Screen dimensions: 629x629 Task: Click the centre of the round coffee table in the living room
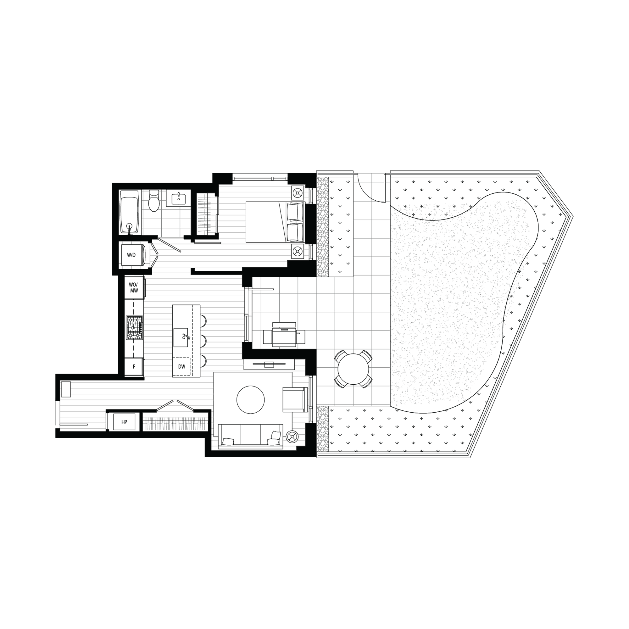pos(250,399)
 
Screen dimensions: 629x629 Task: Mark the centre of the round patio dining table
pos(353,369)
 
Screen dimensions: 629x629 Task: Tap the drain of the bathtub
pos(130,225)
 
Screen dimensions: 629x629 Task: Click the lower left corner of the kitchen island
pos(173,377)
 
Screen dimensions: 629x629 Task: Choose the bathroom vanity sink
pos(179,198)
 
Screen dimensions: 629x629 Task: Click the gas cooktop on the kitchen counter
pos(135,328)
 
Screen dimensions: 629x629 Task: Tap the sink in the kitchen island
pos(181,337)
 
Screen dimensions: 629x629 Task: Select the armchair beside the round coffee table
pos(295,399)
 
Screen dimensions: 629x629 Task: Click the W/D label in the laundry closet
pos(131,255)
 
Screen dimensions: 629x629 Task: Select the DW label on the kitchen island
pos(182,367)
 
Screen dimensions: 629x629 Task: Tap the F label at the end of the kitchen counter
pos(134,367)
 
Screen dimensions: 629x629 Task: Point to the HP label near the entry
pos(124,422)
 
